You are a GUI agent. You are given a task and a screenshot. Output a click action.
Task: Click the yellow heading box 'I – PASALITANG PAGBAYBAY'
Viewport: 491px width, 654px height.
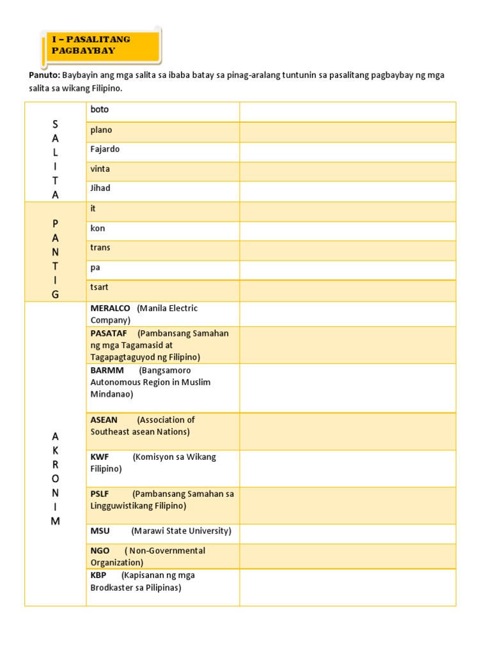click(x=102, y=45)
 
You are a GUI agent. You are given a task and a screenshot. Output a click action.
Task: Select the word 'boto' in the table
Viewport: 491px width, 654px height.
click(x=100, y=110)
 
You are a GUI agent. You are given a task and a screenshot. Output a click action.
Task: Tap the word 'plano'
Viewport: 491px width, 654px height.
click(x=101, y=130)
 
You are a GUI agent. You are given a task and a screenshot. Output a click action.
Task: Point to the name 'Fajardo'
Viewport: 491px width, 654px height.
click(x=105, y=149)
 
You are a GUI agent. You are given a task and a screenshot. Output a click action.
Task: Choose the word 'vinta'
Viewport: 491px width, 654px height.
click(x=100, y=169)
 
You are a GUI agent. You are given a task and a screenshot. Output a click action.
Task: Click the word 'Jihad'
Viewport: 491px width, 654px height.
click(x=100, y=188)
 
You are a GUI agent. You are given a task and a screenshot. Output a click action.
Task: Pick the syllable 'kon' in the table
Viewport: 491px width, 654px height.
click(x=98, y=229)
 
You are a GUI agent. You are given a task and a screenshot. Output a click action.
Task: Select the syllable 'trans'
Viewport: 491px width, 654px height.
click(x=100, y=248)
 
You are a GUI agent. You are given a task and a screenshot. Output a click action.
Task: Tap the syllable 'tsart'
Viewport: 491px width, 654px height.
click(x=100, y=287)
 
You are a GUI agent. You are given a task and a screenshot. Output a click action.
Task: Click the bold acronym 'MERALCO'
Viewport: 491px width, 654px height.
click(x=110, y=308)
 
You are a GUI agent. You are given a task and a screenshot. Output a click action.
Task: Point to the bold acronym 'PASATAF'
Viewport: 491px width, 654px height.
click(x=109, y=333)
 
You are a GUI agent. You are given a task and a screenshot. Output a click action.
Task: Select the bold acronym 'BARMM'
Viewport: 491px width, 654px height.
click(x=107, y=370)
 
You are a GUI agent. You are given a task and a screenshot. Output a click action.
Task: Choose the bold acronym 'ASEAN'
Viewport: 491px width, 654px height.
click(x=104, y=420)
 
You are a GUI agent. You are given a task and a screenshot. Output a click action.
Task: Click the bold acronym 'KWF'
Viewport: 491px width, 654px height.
click(x=100, y=457)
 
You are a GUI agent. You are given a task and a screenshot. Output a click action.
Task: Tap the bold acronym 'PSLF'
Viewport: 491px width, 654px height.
click(x=100, y=494)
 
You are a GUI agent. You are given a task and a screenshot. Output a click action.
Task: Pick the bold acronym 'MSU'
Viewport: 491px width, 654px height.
click(x=100, y=531)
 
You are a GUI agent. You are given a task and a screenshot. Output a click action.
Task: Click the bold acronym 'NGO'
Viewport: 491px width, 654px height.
click(x=100, y=551)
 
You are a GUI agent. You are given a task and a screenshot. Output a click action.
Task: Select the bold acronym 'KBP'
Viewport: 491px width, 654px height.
click(x=98, y=575)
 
